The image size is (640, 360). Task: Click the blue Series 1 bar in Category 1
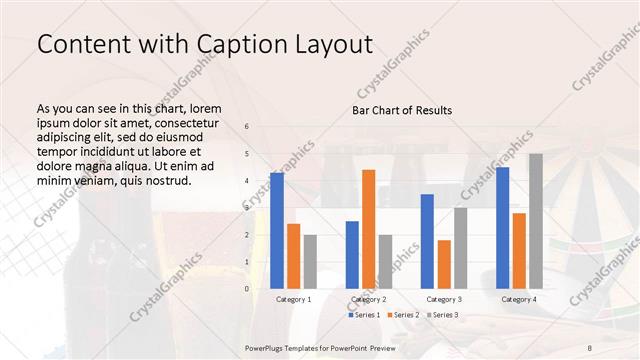click(277, 230)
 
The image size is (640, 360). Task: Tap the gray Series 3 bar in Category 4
click(536, 221)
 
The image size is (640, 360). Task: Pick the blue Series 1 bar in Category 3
click(427, 241)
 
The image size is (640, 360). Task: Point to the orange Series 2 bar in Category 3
click(444, 264)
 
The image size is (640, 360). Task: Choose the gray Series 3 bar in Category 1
click(310, 261)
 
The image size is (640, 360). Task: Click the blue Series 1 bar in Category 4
click(502, 227)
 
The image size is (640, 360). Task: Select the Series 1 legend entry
click(365, 315)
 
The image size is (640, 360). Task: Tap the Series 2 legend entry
click(402, 315)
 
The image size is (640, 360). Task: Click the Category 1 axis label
click(293, 299)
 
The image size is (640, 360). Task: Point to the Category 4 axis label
click(518, 299)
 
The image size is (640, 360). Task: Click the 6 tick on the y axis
click(247, 126)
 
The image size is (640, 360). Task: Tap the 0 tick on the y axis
click(247, 288)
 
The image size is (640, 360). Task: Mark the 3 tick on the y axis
click(247, 207)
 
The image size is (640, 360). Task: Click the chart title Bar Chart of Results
click(402, 110)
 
